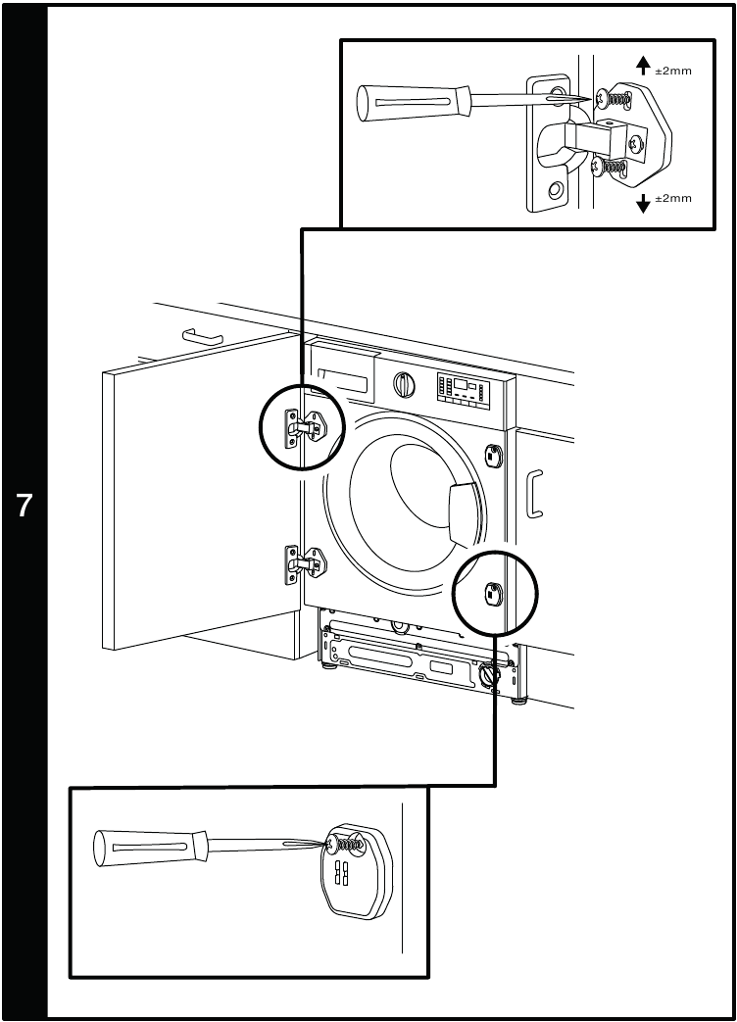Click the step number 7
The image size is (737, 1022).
24,507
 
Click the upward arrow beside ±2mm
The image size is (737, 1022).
642,66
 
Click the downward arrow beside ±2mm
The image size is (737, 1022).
642,202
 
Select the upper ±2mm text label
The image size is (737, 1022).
673,71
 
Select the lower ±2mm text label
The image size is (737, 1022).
673,198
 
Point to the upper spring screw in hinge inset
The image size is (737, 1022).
614,98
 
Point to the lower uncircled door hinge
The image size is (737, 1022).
305,564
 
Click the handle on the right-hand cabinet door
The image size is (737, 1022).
534,493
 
